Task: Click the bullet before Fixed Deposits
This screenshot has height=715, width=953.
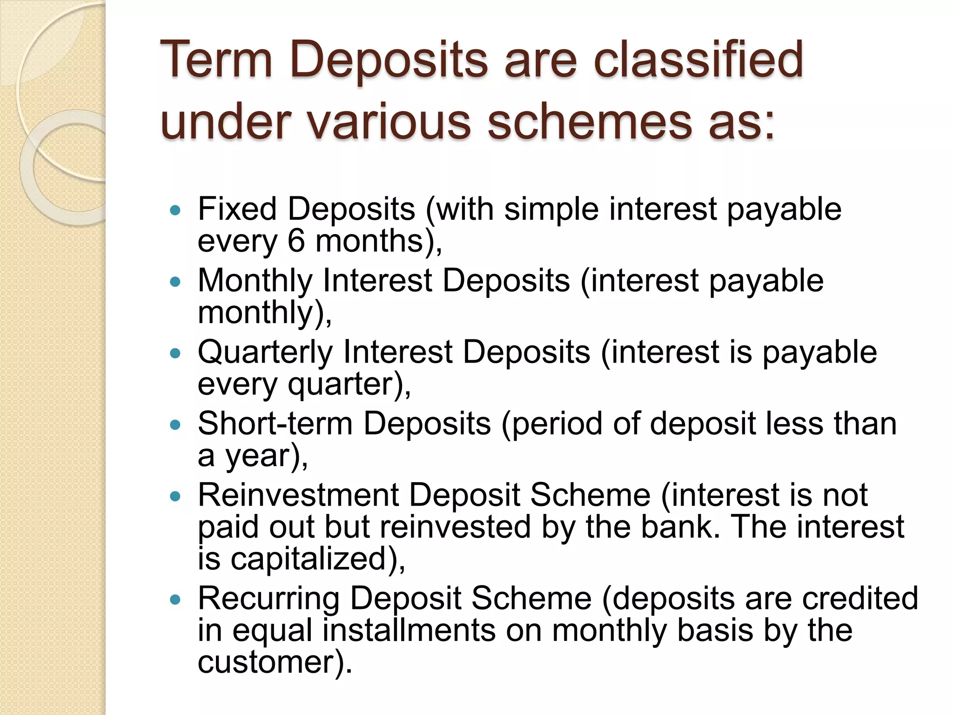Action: (x=175, y=211)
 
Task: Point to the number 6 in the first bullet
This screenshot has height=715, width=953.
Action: (x=296, y=241)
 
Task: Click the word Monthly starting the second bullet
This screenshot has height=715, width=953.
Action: (x=255, y=281)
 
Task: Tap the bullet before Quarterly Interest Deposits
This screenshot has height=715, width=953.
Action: (x=175, y=354)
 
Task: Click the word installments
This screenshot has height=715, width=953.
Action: (x=409, y=630)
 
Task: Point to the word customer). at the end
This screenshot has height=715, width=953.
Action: (x=275, y=662)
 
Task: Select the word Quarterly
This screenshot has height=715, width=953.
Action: (x=265, y=353)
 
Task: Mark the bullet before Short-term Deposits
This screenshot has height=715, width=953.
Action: (x=175, y=425)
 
